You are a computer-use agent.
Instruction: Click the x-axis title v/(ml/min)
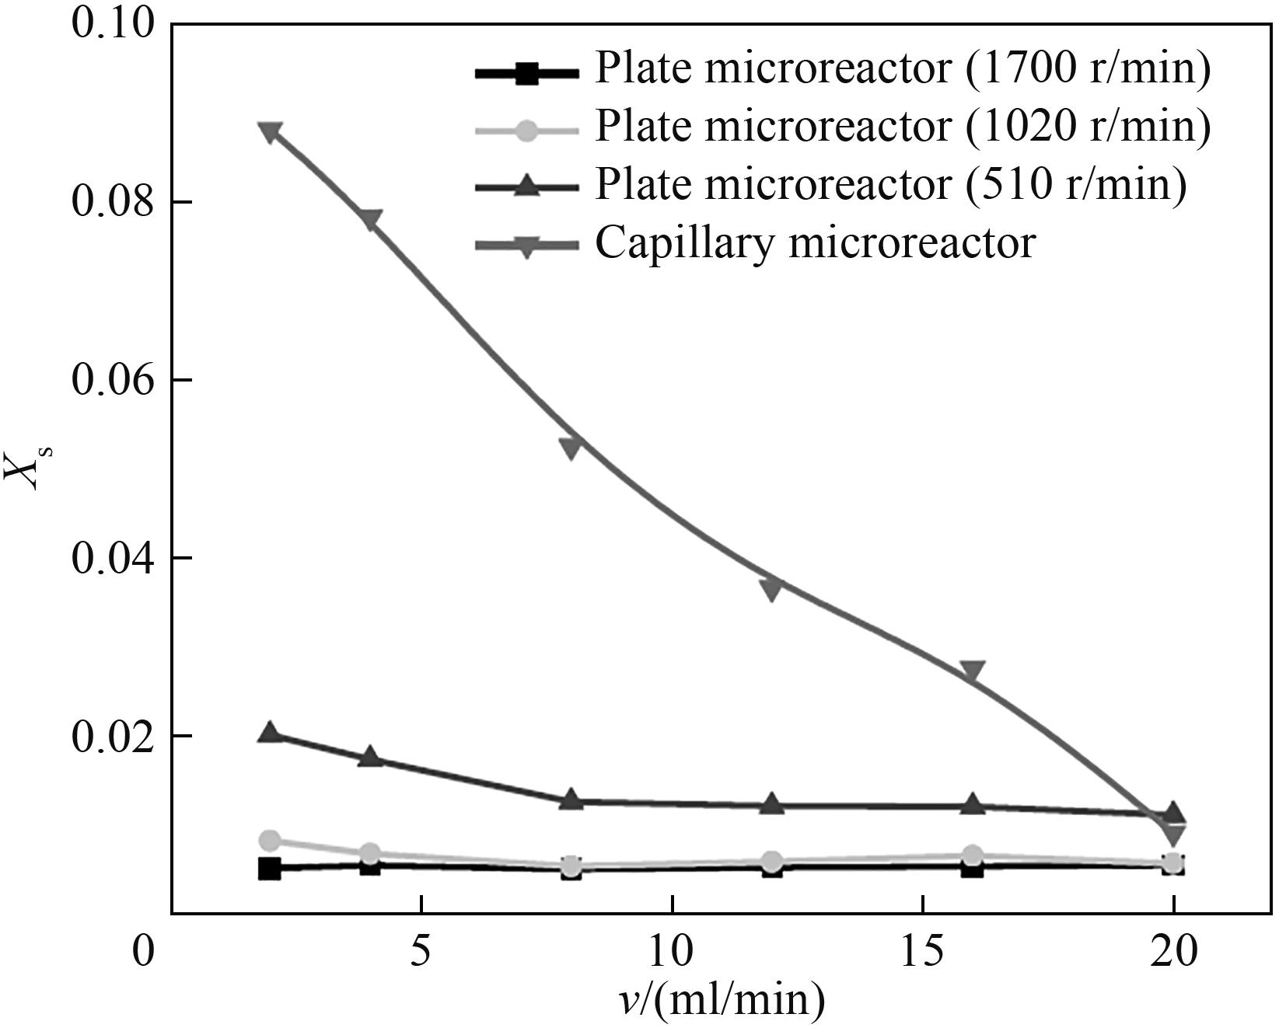click(722, 1001)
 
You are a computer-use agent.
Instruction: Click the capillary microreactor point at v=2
click(270, 131)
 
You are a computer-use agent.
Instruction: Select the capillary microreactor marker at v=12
click(771, 588)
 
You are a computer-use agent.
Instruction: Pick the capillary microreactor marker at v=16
click(972, 672)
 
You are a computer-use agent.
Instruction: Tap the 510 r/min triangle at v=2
click(270, 732)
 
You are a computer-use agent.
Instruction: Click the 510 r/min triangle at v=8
click(571, 799)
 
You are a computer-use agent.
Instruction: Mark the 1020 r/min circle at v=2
click(270, 840)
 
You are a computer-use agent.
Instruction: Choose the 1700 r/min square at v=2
click(270, 868)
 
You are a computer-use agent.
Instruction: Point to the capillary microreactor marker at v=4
click(370, 219)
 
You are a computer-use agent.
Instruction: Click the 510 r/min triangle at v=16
click(972, 804)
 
